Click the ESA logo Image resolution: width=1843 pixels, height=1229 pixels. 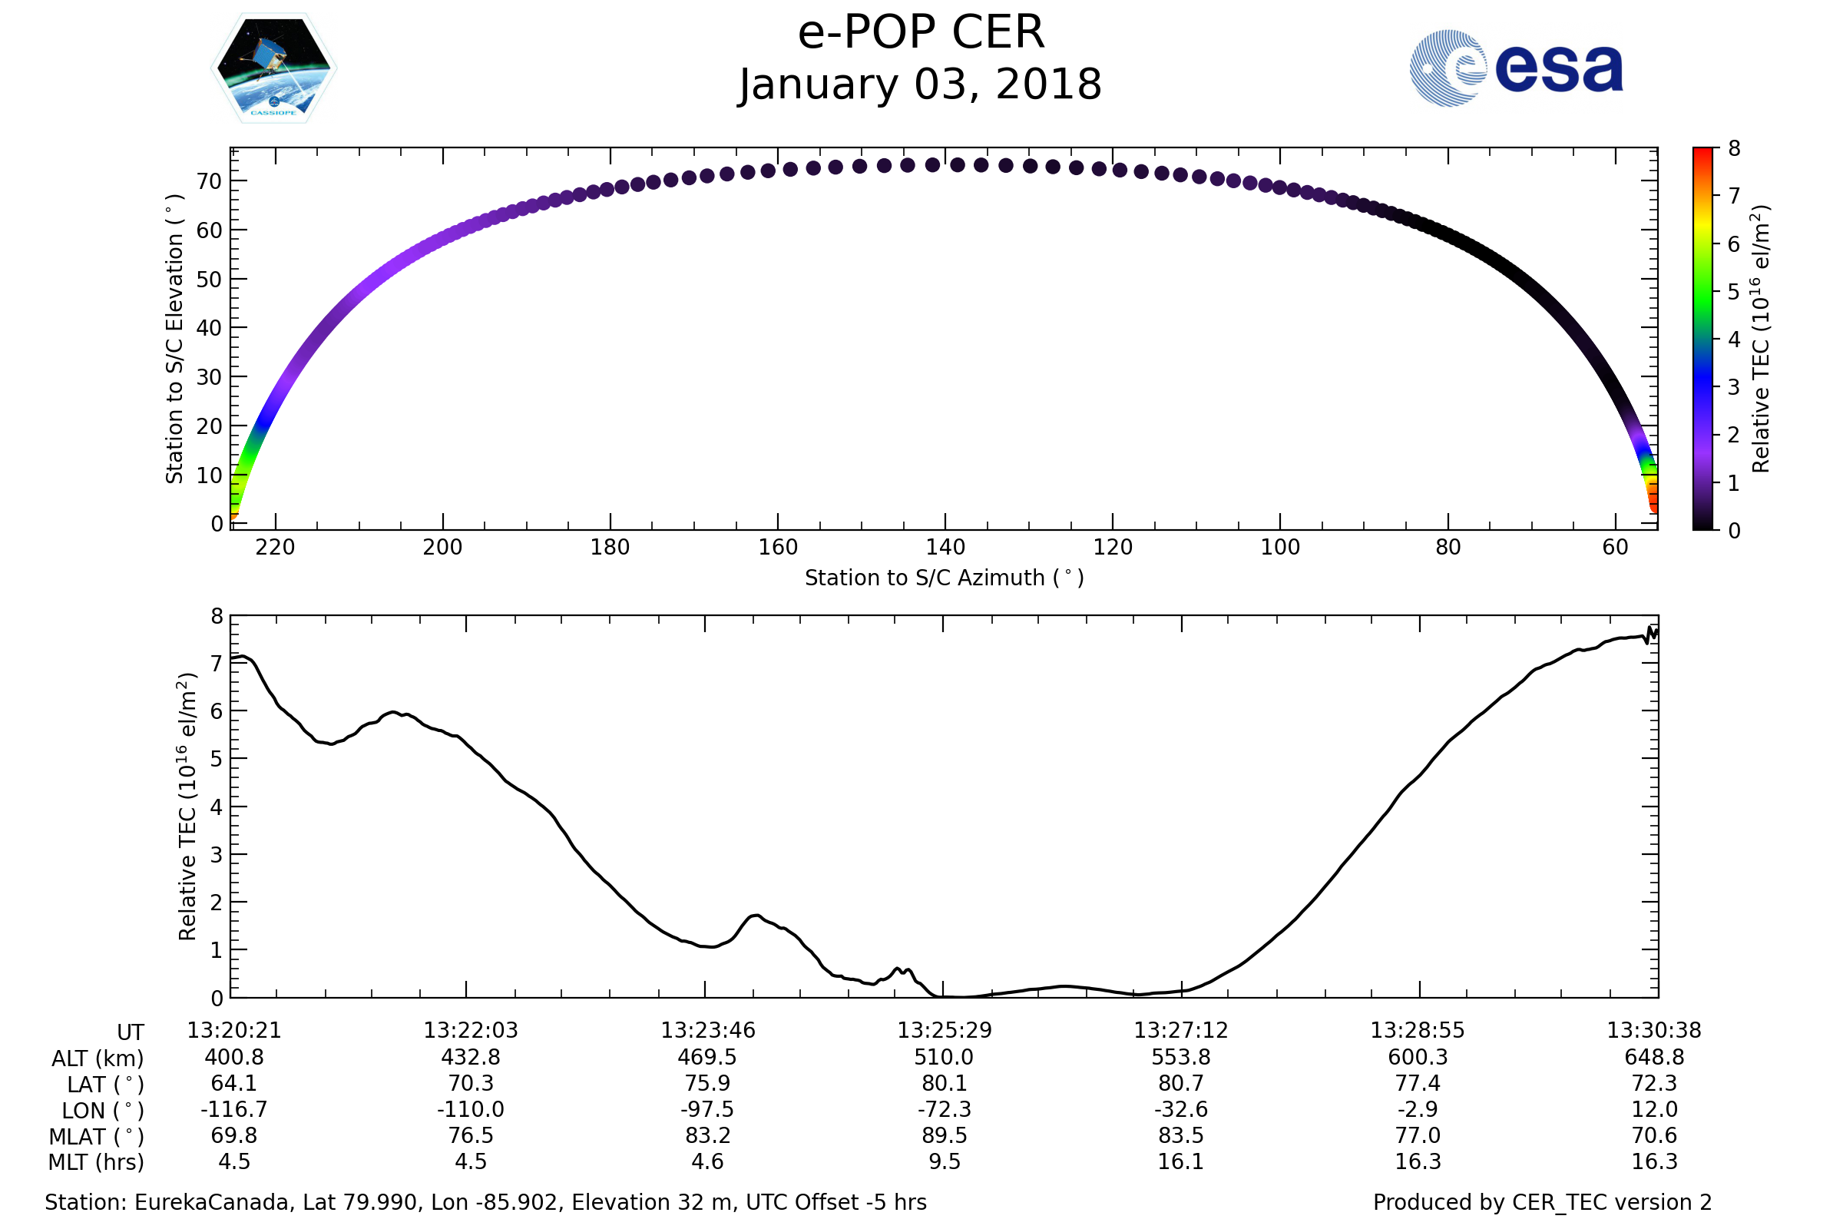(1515, 68)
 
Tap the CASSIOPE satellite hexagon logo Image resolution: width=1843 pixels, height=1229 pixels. (273, 68)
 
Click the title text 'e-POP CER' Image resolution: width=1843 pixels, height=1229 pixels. (921, 33)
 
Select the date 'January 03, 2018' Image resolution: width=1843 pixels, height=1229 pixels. (921, 84)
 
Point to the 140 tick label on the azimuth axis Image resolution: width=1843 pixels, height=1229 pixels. (945, 547)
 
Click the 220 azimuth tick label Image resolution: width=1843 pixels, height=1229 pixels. (275, 547)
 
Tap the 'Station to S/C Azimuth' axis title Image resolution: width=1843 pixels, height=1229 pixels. (945, 578)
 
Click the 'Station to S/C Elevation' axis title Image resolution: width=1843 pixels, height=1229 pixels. (175, 339)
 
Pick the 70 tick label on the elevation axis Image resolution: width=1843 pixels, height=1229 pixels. (209, 182)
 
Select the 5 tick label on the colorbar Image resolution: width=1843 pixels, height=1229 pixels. (1734, 293)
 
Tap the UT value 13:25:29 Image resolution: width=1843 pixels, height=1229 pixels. (945, 1031)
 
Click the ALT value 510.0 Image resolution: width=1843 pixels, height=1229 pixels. (944, 1058)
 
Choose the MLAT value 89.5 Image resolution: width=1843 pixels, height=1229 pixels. (945, 1136)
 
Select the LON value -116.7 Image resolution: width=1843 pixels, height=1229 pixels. (233, 1110)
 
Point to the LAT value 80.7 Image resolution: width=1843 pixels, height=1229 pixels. (1181, 1083)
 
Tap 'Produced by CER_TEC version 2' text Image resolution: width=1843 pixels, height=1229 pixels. (1542, 1203)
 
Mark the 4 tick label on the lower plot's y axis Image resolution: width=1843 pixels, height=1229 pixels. (217, 807)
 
